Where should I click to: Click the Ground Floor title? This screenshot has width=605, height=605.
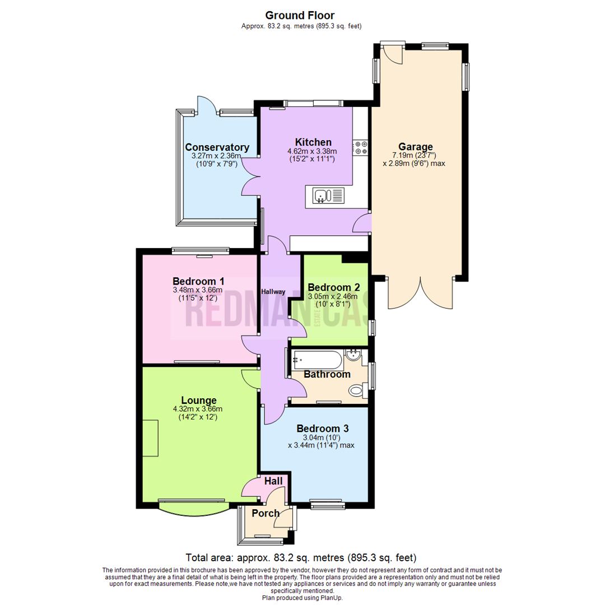click(300, 15)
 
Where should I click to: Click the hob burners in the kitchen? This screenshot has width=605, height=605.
click(360, 147)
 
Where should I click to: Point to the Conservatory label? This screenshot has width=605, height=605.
click(217, 148)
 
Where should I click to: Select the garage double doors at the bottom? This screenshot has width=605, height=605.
click(419, 292)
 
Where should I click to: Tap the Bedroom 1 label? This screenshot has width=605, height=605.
click(198, 281)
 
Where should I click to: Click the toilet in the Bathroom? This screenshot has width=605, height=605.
click(357, 390)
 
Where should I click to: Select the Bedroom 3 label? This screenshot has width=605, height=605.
click(322, 429)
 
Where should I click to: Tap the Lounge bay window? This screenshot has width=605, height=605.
click(193, 508)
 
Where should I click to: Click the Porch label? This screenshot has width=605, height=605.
click(266, 513)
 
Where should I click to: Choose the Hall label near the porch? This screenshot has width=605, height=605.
click(273, 481)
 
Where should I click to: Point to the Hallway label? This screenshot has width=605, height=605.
click(273, 292)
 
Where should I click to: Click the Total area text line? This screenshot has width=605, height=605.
click(301, 558)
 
